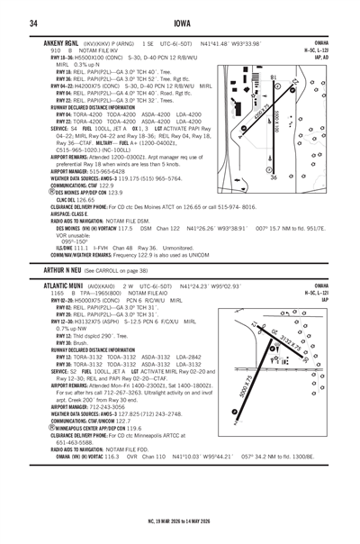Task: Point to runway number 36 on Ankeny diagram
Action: pyautogui.click(x=274, y=177)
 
